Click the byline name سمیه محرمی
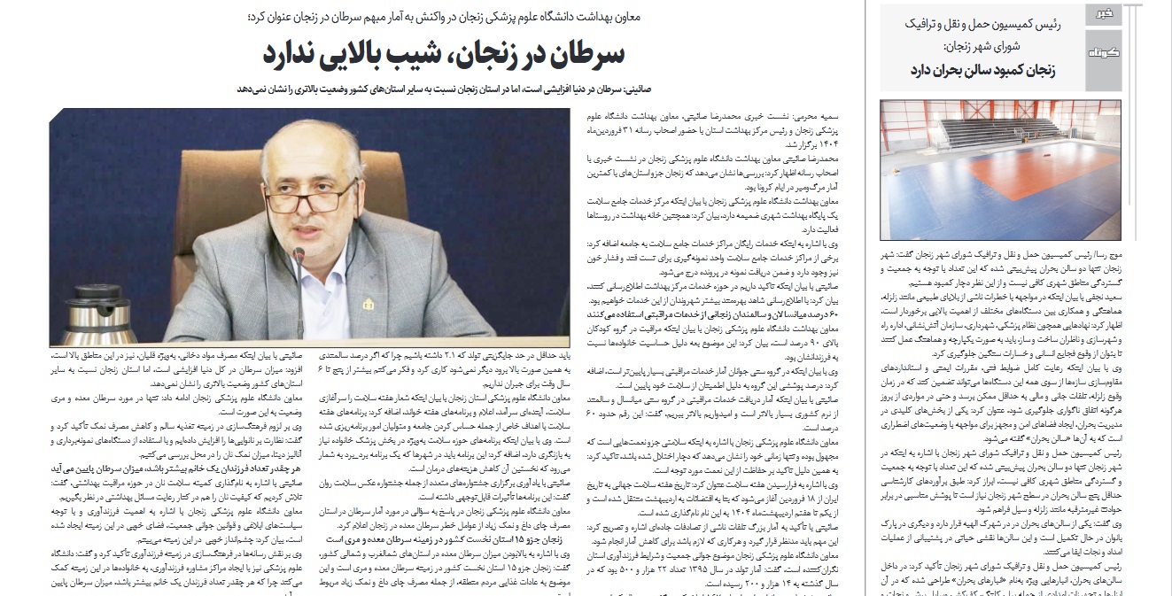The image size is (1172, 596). (827, 115)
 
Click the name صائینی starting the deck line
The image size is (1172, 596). (606, 90)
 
